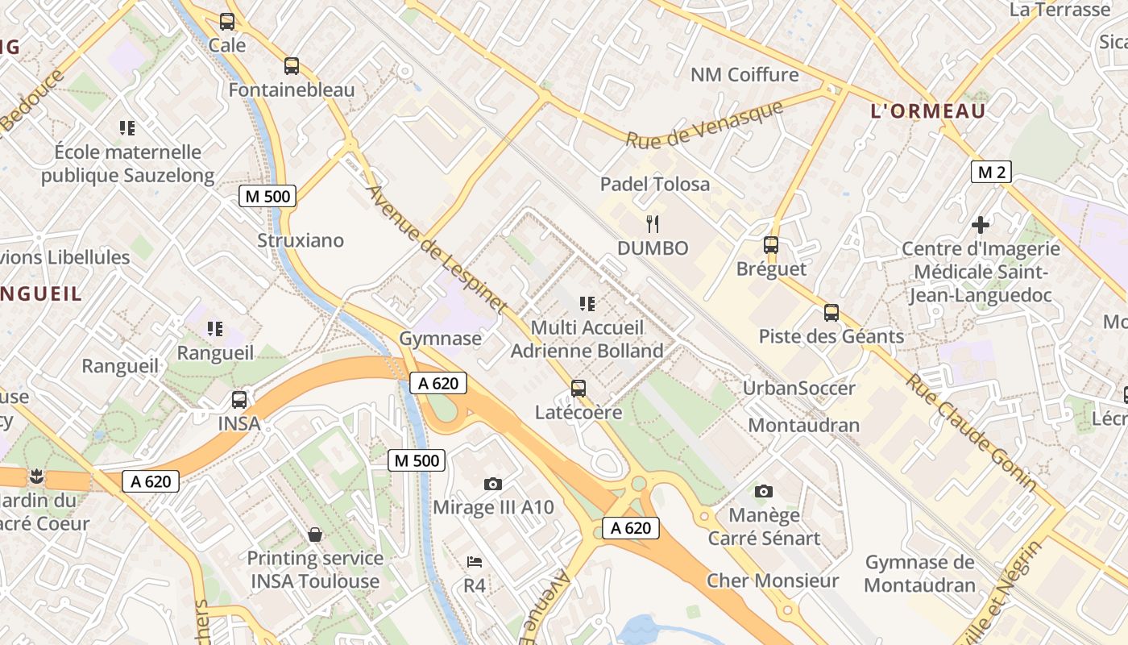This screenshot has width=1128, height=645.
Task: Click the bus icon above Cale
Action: (227, 22)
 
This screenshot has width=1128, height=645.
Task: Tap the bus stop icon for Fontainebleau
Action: (292, 66)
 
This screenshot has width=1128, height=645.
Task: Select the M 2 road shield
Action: (990, 172)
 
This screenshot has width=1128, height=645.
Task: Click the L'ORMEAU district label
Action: (928, 111)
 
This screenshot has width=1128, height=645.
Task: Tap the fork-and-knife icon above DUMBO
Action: (653, 224)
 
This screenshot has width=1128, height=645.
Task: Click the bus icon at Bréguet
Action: (771, 245)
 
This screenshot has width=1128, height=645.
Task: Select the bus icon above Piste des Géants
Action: (831, 313)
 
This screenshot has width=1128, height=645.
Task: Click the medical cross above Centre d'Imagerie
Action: (981, 225)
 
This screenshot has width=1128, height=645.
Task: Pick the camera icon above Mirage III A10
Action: (493, 484)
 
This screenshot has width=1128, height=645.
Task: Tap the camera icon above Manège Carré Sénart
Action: (763, 491)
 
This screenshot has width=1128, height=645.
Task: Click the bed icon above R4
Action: (475, 561)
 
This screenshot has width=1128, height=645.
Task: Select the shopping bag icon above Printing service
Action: (315, 535)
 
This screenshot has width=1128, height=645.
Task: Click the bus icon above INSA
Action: (239, 399)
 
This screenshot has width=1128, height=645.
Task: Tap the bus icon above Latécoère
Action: (579, 389)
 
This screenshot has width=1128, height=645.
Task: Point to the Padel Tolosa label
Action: (655, 184)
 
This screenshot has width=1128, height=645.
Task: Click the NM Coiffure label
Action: (744, 75)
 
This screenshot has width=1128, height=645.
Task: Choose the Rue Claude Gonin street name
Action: (970, 431)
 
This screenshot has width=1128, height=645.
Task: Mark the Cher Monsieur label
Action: (773, 580)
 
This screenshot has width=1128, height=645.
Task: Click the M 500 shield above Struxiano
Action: (267, 196)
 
